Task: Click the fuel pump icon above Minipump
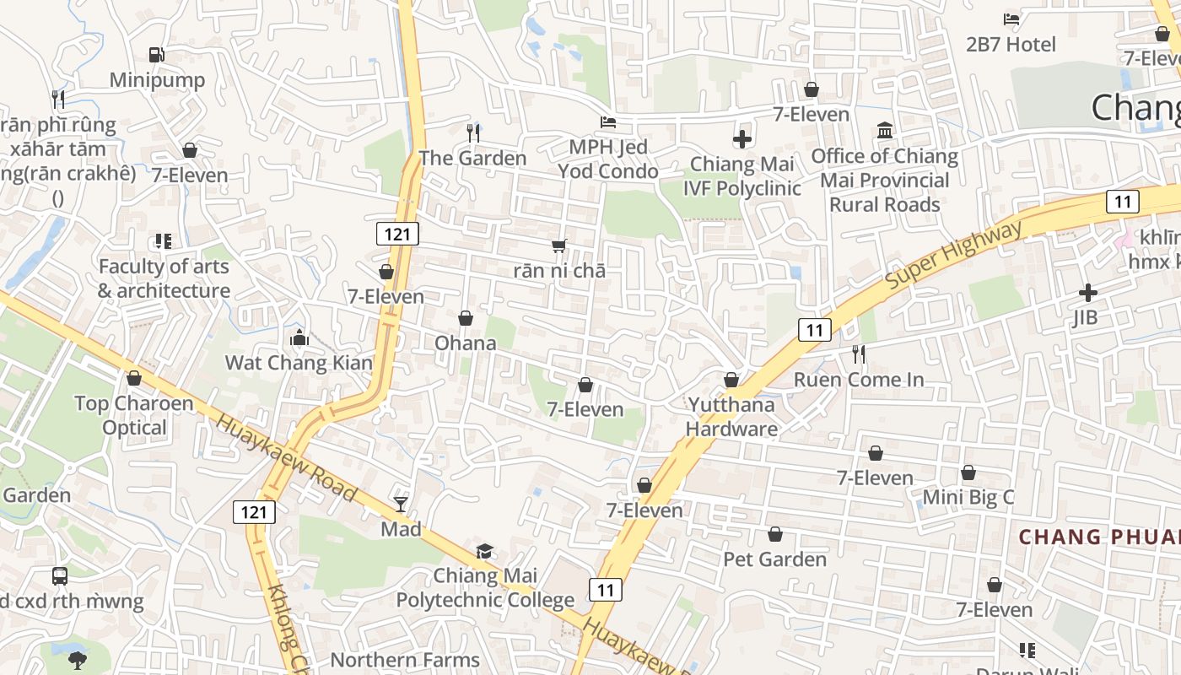click(x=156, y=55)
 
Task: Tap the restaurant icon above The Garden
click(x=473, y=132)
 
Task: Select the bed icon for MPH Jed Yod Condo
click(x=607, y=122)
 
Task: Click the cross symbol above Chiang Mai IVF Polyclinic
click(x=742, y=139)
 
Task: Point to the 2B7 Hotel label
click(x=1011, y=45)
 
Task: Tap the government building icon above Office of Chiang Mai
click(x=885, y=131)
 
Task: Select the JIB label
click(x=1085, y=317)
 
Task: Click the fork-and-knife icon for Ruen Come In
click(x=859, y=354)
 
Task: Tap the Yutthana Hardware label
click(x=731, y=416)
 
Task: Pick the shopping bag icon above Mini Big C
click(x=968, y=472)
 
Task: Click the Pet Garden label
click(x=774, y=559)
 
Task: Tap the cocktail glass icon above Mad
click(x=401, y=505)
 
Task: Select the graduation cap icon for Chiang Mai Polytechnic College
click(x=484, y=552)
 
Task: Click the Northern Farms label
click(x=405, y=660)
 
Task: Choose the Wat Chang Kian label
click(x=299, y=363)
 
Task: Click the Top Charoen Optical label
click(x=134, y=415)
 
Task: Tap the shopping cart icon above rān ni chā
click(x=558, y=246)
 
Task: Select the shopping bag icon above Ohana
click(x=466, y=318)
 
